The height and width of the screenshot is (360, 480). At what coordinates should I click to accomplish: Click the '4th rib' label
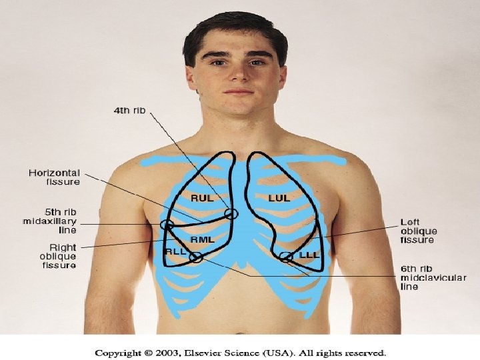click(x=129, y=110)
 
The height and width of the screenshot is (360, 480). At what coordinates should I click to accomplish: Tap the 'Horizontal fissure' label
click(x=54, y=177)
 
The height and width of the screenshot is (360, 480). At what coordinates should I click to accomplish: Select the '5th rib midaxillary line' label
click(x=50, y=221)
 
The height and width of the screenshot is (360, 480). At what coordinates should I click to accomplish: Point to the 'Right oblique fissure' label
click(x=58, y=255)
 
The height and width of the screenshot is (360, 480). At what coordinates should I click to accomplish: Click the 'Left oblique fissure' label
click(x=418, y=231)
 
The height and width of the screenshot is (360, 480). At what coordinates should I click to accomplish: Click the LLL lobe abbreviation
click(x=309, y=255)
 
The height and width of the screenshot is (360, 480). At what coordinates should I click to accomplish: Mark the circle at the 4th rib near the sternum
click(x=231, y=214)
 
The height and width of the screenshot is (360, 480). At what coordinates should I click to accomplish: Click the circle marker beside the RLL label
click(x=195, y=257)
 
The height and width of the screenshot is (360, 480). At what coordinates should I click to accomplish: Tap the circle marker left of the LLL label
click(x=286, y=257)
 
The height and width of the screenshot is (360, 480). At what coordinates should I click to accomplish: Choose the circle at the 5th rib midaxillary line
click(x=167, y=225)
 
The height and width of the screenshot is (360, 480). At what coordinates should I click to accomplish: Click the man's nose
click(x=238, y=75)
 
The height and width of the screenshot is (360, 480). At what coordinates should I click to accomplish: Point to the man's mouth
click(x=238, y=92)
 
